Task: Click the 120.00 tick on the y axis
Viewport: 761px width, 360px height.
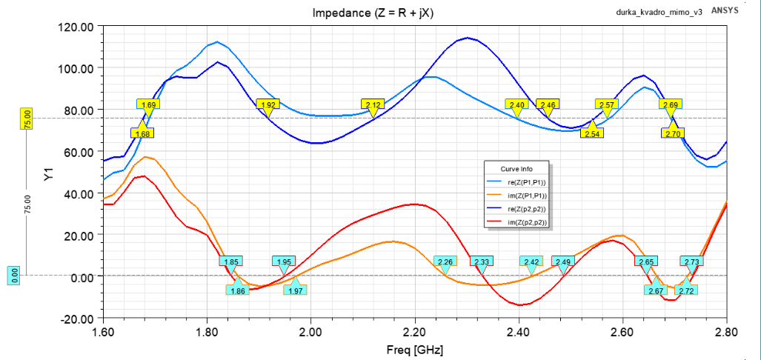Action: coord(76,27)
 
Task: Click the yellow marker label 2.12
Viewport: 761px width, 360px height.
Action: coord(373,104)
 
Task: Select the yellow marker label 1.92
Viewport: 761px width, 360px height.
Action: coord(268,104)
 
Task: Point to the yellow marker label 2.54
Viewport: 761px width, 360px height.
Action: coord(592,133)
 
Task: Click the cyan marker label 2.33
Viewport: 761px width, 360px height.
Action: coord(482,261)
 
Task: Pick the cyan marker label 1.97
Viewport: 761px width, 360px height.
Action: coord(296,290)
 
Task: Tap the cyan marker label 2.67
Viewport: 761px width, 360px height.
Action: coord(656,290)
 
